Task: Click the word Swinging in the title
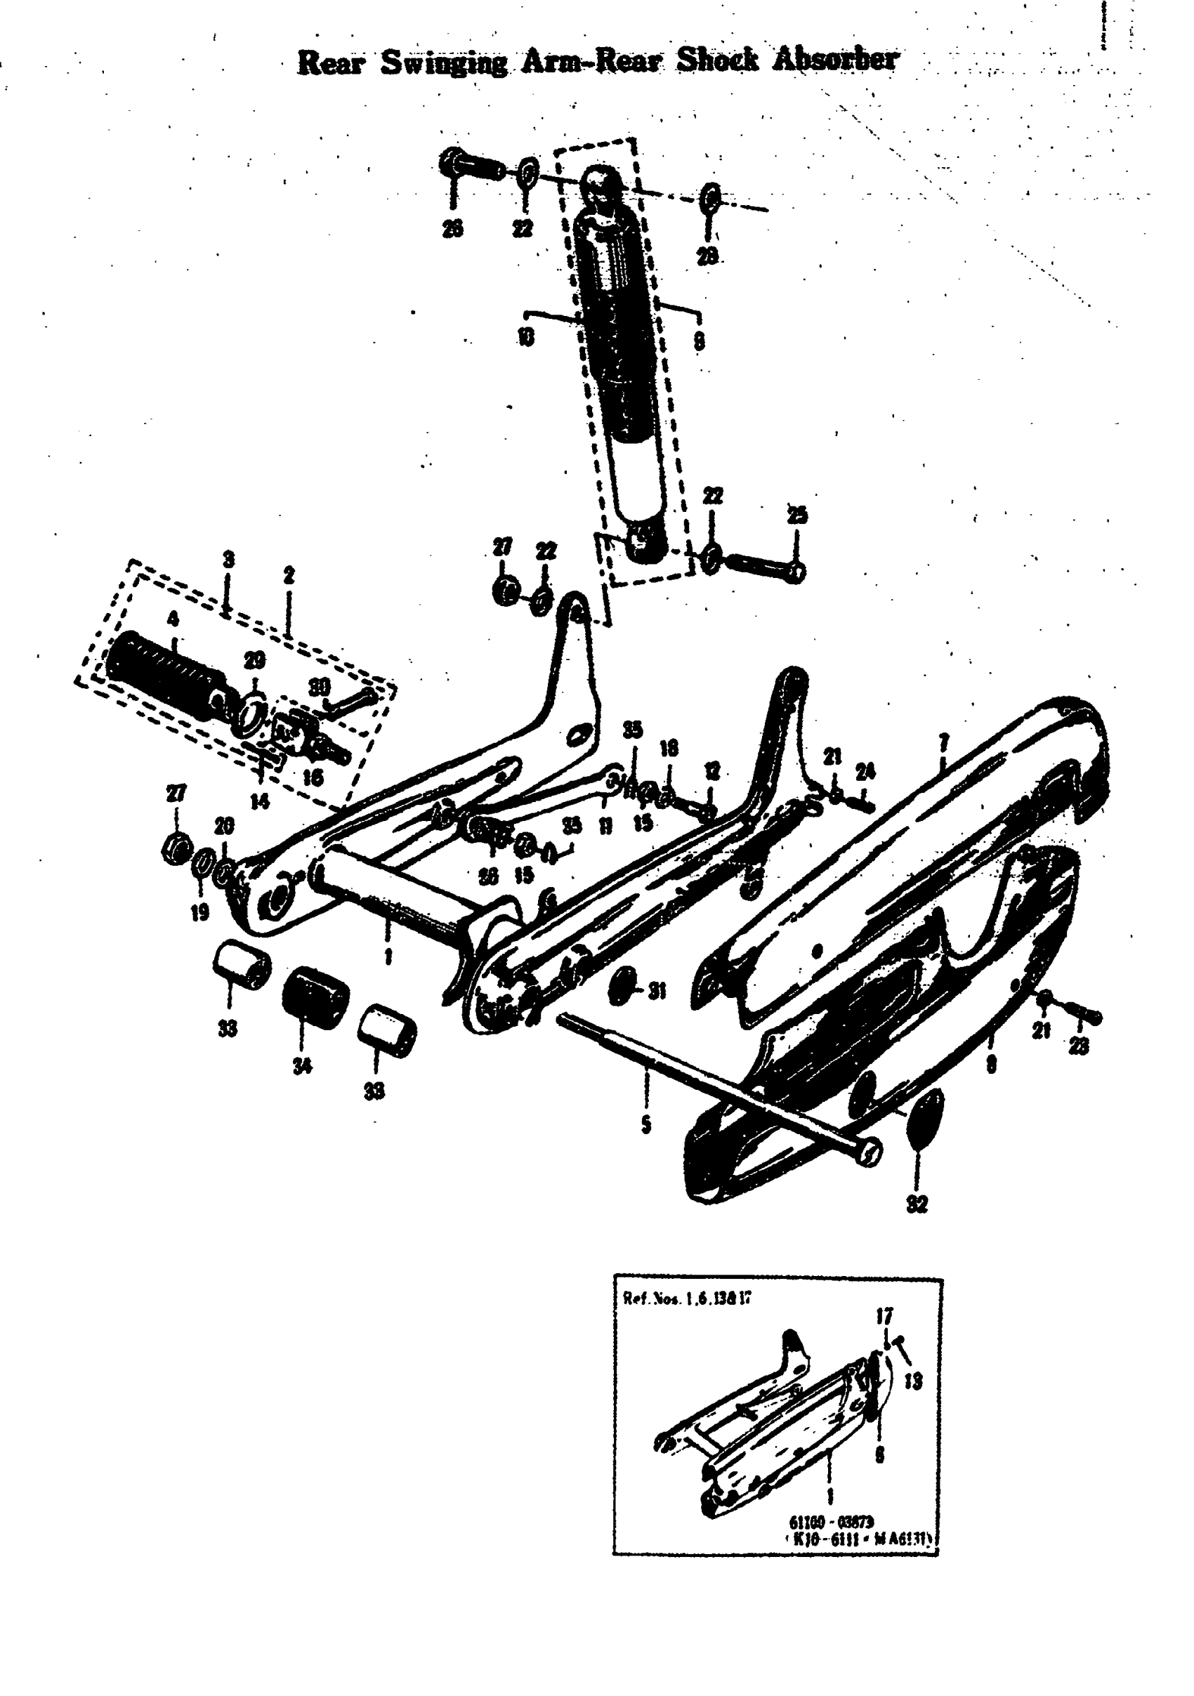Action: [x=443, y=62]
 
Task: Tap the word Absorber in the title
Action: [x=835, y=59]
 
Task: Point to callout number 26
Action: [x=452, y=229]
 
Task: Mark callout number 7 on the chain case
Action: [x=943, y=743]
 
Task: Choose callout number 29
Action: [x=254, y=659]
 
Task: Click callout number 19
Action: [x=200, y=912]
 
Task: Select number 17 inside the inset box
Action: [x=884, y=1315]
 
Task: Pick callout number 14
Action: [x=259, y=801]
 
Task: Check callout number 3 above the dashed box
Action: [x=229, y=559]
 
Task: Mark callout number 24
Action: [x=865, y=772]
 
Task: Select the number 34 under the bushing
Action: [x=301, y=1065]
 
